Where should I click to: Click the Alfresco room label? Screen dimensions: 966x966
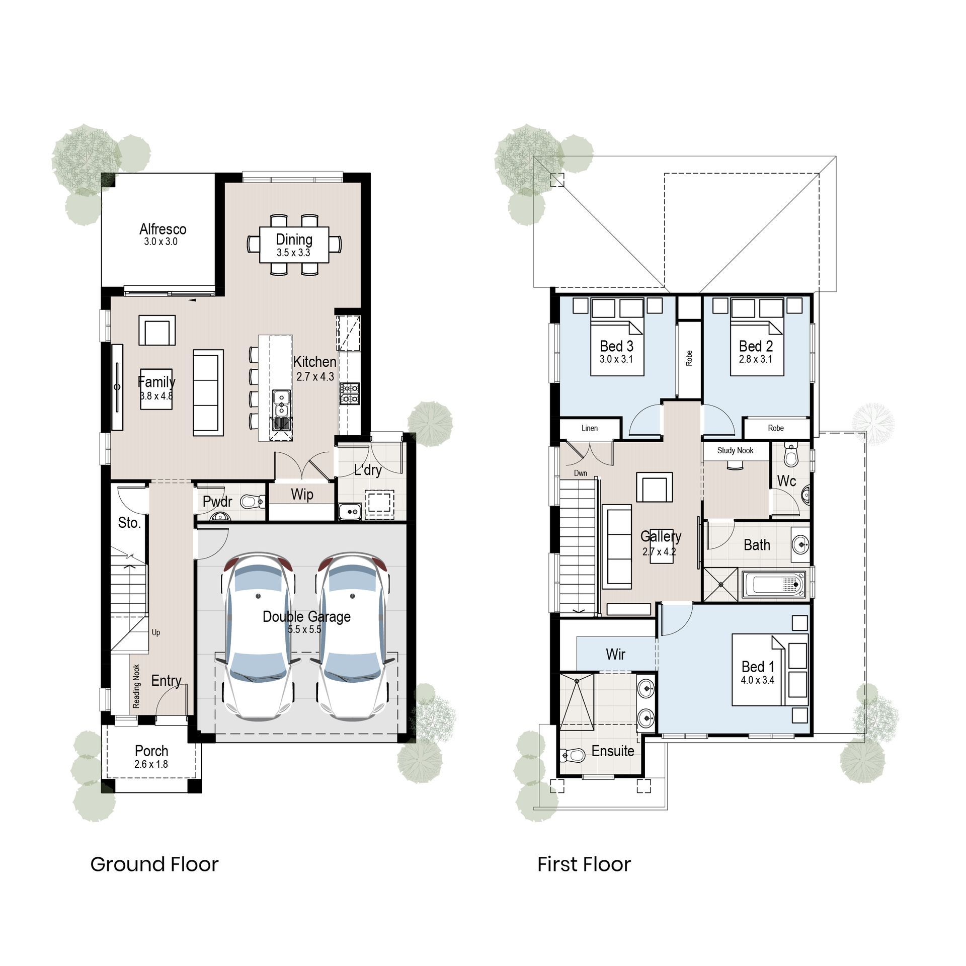[x=163, y=229]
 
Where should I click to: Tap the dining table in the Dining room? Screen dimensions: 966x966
[x=294, y=245]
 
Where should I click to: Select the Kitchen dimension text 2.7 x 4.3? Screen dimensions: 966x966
[x=315, y=376]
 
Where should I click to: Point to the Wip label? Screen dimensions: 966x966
[x=302, y=495]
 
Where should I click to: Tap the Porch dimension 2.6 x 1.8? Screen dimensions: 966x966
[x=151, y=764]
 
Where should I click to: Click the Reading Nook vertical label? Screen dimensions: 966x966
[x=136, y=686]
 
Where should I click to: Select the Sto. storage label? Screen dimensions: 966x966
[x=129, y=523]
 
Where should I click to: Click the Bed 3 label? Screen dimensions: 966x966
[x=616, y=346]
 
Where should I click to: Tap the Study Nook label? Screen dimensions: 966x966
[x=735, y=450]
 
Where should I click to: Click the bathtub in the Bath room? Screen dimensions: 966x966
[x=775, y=585]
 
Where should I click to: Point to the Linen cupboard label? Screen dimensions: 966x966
[x=590, y=428]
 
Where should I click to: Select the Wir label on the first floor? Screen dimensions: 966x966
[x=615, y=654]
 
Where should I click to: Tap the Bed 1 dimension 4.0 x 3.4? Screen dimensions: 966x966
[x=757, y=680]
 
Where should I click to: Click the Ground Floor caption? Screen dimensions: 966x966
[x=154, y=864]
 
